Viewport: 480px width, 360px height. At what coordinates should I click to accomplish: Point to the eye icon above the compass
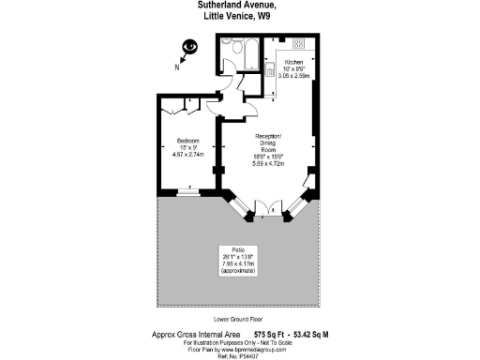[190, 46]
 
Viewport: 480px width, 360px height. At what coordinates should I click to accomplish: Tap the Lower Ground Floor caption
[241, 317]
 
